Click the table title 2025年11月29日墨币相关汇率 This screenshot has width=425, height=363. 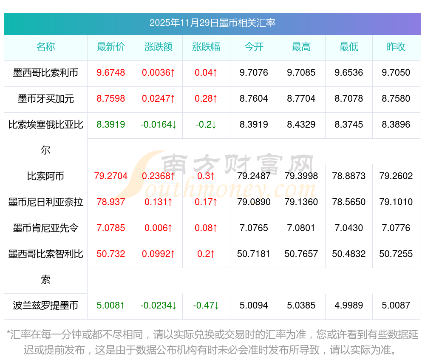[212, 23]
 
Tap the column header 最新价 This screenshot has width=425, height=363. [111, 47]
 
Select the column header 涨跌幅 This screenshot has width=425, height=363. [206, 47]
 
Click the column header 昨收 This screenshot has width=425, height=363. [396, 47]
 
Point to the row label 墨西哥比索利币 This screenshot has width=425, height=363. [45, 73]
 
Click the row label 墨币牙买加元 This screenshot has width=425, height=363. [45, 99]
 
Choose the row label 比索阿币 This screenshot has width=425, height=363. [45, 176]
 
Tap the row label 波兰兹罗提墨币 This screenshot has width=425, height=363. [45, 306]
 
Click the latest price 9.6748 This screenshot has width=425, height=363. [111, 73]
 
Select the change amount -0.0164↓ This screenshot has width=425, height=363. [159, 125]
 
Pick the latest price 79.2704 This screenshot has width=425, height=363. [111, 176]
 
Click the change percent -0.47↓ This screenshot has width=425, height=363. [206, 306]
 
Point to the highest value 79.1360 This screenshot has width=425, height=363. [301, 202]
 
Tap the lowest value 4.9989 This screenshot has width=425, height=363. [349, 306]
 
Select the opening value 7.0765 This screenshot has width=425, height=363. [254, 228]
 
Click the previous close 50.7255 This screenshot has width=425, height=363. [396, 254]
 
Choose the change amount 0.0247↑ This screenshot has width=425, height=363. [159, 99]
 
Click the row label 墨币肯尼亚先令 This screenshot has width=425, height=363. [45, 228]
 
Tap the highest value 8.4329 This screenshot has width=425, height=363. [301, 125]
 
